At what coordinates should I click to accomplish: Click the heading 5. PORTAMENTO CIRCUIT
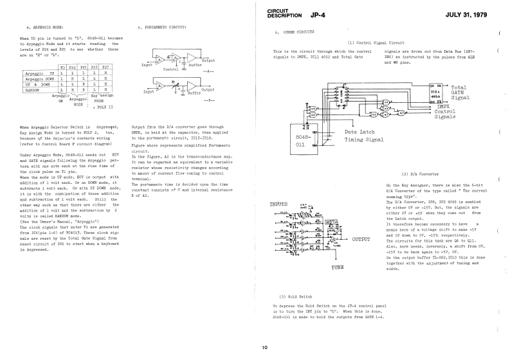click(162, 28)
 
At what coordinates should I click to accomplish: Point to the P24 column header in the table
click(74, 67)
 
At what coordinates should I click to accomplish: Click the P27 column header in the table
click(106, 67)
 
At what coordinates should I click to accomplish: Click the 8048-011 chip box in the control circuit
click(305, 141)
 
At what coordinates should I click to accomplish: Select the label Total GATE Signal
click(464, 93)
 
